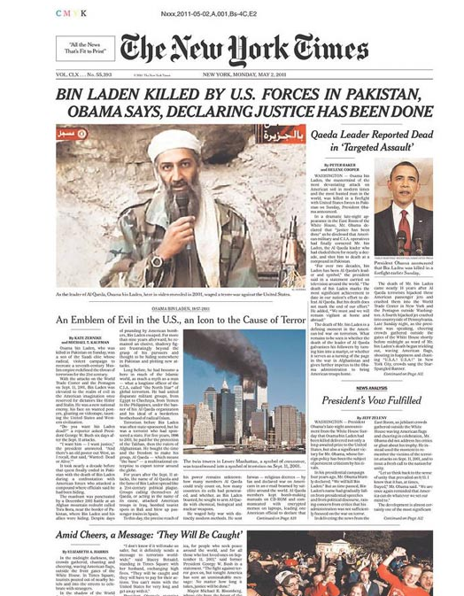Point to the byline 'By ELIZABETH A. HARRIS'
click(x=49, y=546)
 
